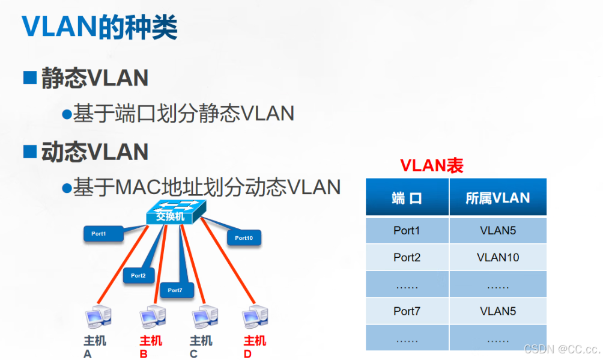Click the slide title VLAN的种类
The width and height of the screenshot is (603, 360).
coord(100,26)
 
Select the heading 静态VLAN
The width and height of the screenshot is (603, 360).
coord(94,78)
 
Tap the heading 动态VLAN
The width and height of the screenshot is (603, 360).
coord(94,151)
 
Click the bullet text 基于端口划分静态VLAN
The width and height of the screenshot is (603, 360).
coord(184,113)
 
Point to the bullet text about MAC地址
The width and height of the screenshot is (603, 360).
coord(207,187)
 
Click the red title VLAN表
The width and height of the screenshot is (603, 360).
coord(432,166)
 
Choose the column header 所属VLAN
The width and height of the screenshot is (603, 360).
coord(498,198)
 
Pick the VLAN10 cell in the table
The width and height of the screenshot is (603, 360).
coord(498,257)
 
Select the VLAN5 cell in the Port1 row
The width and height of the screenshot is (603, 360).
coord(498,230)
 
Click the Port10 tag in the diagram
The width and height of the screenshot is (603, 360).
coord(244,237)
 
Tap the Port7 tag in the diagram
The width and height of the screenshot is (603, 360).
coord(175,290)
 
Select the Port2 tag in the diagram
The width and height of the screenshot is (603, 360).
coord(138,275)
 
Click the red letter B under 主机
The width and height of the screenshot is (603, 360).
coord(144,354)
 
